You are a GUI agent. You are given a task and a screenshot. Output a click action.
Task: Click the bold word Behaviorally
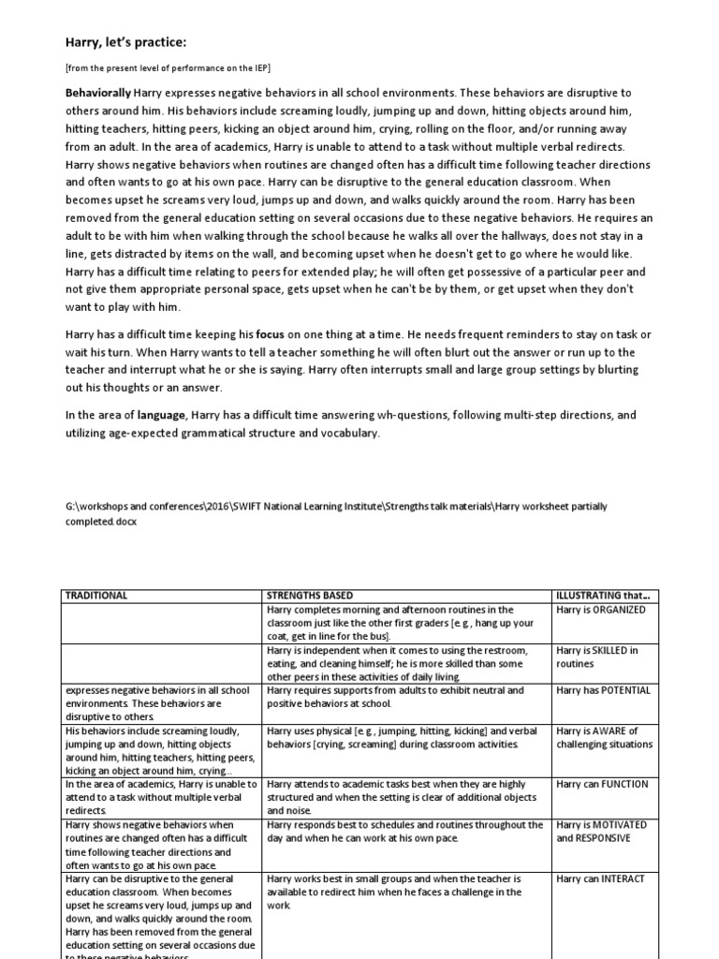click(97, 93)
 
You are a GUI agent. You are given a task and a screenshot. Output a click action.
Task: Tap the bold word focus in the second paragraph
click(270, 333)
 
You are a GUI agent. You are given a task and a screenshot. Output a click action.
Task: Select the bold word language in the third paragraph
click(163, 415)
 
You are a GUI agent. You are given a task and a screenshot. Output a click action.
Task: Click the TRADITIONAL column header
click(96, 596)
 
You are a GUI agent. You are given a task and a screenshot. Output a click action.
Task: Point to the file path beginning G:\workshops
click(335, 512)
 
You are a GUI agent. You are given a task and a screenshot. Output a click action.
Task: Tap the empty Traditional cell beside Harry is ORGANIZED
click(160, 622)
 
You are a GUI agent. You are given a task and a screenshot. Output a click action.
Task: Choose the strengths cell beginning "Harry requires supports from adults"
click(394, 697)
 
